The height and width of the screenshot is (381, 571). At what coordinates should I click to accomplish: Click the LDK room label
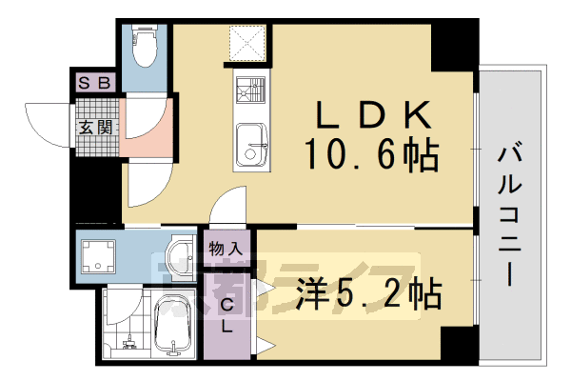[373, 117]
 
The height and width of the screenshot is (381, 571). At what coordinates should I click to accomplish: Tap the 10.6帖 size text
[371, 154]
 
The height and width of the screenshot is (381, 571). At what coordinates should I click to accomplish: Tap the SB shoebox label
[96, 84]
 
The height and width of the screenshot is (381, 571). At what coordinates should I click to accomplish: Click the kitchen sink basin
[251, 143]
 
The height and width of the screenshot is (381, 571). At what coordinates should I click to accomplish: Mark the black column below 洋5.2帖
[454, 343]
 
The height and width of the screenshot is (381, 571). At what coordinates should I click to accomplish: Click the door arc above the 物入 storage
[226, 208]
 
